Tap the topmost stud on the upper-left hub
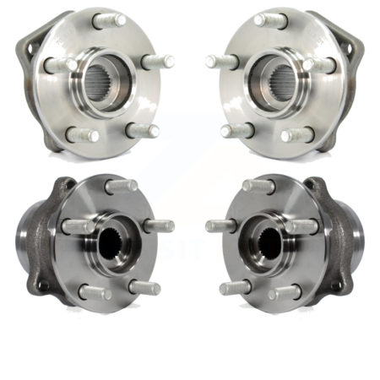110,19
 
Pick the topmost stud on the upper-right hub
269,19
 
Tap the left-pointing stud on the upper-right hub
220,61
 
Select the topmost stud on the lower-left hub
122,185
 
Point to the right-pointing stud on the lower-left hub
158,225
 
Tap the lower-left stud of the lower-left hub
93,292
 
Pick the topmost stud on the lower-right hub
258,185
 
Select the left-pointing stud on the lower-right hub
220,225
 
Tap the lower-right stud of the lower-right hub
286,292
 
